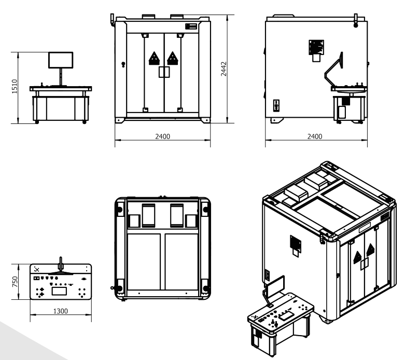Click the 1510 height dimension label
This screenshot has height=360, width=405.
[x=15, y=86]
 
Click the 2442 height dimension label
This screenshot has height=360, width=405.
[x=224, y=69]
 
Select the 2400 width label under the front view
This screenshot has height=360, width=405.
[x=162, y=136]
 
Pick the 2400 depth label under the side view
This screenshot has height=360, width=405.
[x=315, y=136]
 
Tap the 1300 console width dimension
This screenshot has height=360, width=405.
[x=61, y=311]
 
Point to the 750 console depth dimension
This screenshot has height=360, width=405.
[x=15, y=282]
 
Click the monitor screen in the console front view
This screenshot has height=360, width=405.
[x=61, y=60]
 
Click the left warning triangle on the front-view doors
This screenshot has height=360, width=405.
[x=154, y=59]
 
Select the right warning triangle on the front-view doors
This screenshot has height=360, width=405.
[x=173, y=59]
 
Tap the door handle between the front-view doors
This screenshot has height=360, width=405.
[x=164, y=72]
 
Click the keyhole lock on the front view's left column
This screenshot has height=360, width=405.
[x=123, y=64]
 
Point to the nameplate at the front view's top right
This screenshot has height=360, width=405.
[x=191, y=26]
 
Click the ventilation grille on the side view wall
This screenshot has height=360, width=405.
[x=316, y=47]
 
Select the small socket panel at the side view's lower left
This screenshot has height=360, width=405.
[x=276, y=106]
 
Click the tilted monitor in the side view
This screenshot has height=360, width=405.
[x=341, y=60]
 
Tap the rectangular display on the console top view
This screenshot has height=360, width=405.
[x=60, y=291]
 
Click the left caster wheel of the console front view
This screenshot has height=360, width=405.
[x=37, y=122]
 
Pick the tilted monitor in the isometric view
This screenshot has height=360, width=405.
[x=275, y=286]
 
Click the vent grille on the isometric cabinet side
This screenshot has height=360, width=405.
[x=296, y=243]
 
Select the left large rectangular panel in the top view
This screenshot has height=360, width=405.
[x=144, y=262]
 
